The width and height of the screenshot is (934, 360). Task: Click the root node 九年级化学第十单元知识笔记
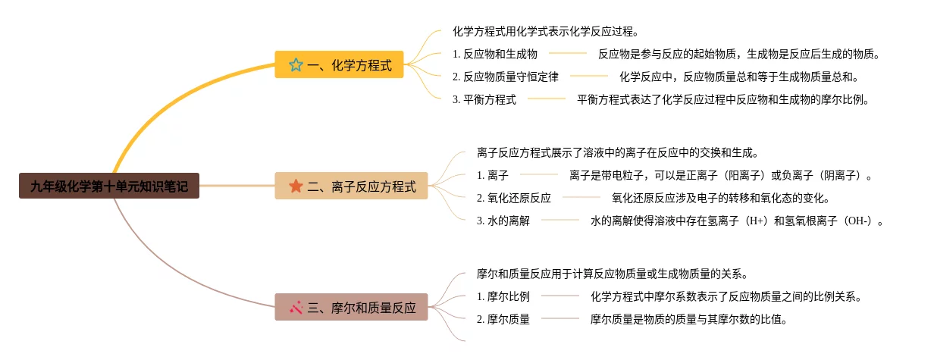[x=109, y=186]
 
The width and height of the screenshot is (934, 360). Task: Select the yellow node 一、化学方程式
[x=340, y=65]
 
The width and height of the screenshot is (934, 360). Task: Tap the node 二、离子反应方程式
[x=351, y=186]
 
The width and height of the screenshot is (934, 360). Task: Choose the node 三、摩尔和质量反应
[x=351, y=308]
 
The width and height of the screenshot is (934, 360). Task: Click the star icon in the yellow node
[x=296, y=65]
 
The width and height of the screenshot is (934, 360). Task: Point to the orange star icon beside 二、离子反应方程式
[x=296, y=186]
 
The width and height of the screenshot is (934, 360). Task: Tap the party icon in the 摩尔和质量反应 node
[x=296, y=308]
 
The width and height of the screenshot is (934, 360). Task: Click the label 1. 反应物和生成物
[x=495, y=54]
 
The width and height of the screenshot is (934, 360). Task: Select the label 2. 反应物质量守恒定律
[x=506, y=77]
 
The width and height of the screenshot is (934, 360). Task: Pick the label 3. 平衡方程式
[x=484, y=99]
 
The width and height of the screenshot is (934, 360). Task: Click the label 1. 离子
[x=493, y=176]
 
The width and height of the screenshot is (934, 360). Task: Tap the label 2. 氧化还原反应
[x=514, y=199]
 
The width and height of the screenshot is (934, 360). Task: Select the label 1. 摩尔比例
[x=503, y=296]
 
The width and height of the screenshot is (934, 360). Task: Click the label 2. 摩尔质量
[x=503, y=319]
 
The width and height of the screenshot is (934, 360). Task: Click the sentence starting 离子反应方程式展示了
[x=618, y=153]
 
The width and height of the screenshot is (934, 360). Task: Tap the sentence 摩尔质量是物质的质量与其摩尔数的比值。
[x=689, y=319]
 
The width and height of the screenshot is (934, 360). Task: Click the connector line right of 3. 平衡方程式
[x=547, y=99]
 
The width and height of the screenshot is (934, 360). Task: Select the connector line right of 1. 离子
[x=538, y=176]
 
